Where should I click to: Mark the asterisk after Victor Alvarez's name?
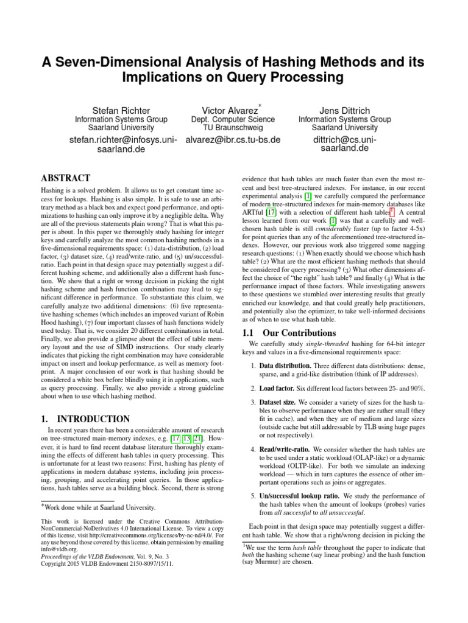point(260,105)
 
